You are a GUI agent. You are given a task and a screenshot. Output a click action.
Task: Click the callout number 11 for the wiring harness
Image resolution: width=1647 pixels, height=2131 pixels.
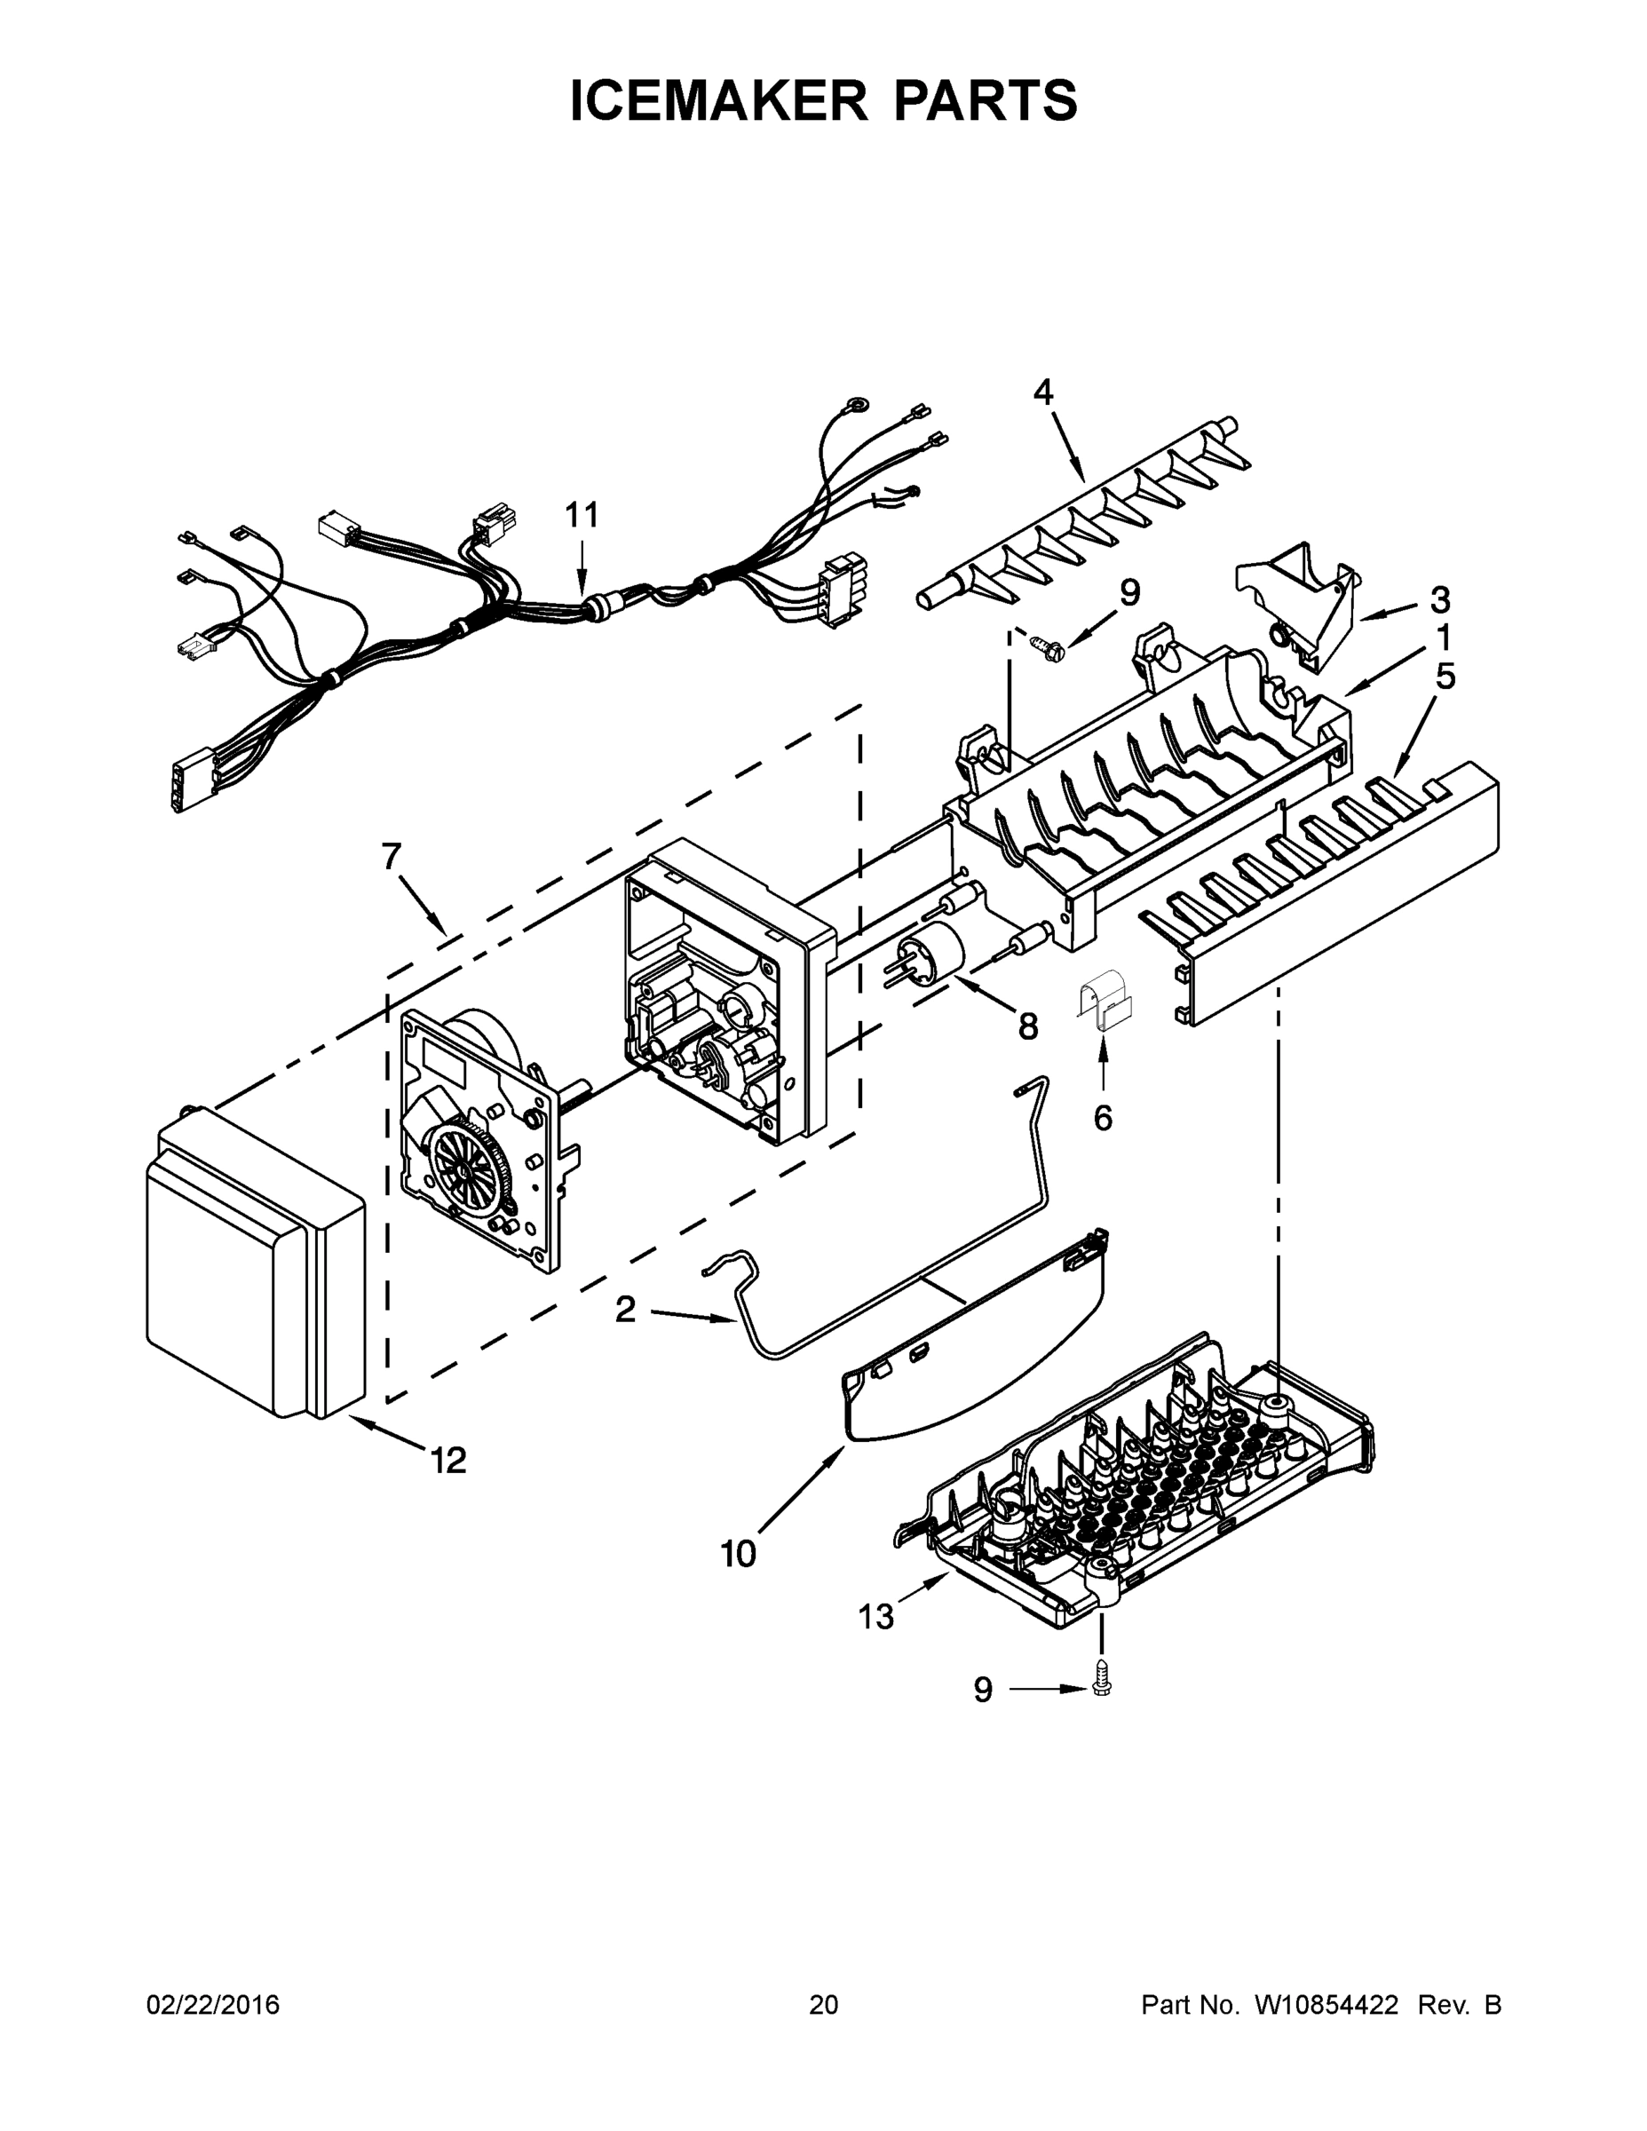tap(582, 514)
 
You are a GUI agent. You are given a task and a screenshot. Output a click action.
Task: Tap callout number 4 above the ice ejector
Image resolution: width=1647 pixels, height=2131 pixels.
tap(1043, 392)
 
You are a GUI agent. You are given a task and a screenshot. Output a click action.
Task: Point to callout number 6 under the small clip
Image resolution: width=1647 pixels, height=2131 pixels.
tap(1103, 1117)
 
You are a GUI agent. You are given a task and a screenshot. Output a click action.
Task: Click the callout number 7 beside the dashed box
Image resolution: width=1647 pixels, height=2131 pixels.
tap(392, 857)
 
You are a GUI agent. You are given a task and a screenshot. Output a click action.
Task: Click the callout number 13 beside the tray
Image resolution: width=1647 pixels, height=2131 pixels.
tap(876, 1617)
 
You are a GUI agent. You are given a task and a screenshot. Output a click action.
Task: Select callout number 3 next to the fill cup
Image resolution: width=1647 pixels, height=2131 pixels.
tap(1439, 599)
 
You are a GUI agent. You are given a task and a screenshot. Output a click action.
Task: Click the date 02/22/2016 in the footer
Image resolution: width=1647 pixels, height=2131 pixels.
tap(213, 2005)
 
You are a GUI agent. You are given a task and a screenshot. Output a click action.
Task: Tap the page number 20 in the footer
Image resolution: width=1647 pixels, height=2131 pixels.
tap(824, 2005)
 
